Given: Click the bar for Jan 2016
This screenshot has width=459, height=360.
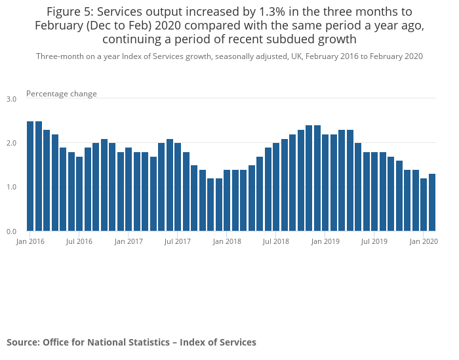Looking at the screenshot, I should (x=30, y=176).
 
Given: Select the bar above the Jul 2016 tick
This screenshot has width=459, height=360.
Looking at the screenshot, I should (x=79, y=193).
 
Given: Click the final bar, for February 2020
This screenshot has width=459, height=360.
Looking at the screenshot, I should (x=432, y=203).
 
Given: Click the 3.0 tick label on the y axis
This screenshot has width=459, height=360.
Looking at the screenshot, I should (x=12, y=99).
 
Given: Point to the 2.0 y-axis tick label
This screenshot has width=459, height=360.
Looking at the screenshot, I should (x=12, y=143).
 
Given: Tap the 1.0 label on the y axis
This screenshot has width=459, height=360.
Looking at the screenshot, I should (x=12, y=188).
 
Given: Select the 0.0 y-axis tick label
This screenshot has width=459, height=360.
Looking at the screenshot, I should (x=12, y=231).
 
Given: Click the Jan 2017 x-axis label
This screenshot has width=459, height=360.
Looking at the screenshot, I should (x=129, y=241).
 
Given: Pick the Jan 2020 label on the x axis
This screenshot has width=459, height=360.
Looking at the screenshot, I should (x=424, y=241).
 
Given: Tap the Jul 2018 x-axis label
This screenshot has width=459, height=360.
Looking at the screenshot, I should (x=276, y=241).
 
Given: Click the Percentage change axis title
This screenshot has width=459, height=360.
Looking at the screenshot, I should (x=62, y=94).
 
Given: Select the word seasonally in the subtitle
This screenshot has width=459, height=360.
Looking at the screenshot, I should (x=231, y=56).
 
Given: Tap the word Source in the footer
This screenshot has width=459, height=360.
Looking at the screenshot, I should (x=22, y=342).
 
